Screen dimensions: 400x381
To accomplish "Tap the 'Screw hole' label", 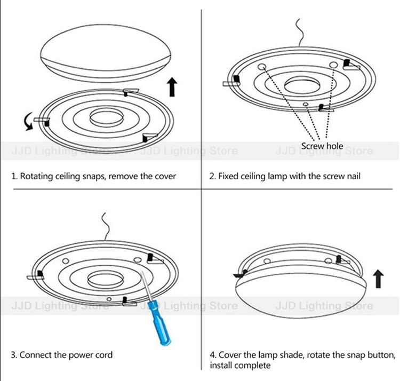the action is coord(322,146).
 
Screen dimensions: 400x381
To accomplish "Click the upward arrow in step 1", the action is coord(172,87).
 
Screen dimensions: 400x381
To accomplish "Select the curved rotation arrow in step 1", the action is coord(29,121).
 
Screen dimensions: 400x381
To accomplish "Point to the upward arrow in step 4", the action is coord(378,279).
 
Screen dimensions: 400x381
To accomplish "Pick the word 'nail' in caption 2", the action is coord(354,176).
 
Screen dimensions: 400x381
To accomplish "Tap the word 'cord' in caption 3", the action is coord(103,355).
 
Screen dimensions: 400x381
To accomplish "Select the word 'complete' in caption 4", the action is coord(253,366).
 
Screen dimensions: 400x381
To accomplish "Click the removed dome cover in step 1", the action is coord(106,53).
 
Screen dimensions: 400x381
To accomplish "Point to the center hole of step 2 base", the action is coord(302,85).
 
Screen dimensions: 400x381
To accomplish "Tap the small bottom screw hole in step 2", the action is coord(306,104).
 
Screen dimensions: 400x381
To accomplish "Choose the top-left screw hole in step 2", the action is coord(262,67).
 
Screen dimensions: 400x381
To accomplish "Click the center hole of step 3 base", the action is coord(106,280).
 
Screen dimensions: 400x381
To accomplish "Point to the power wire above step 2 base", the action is coord(300,33).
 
